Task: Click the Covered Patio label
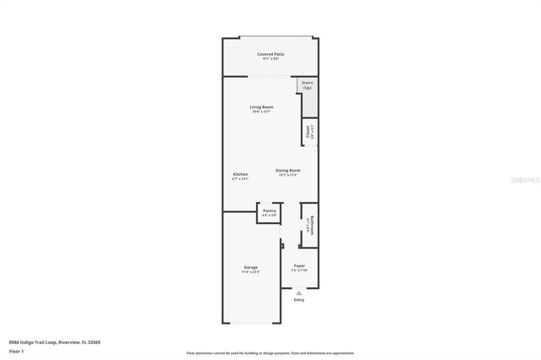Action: click(x=270, y=54)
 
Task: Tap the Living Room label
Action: click(x=261, y=106)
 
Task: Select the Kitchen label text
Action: click(x=240, y=174)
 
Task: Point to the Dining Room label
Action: click(x=288, y=170)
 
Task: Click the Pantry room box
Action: click(x=269, y=212)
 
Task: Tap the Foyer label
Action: click(x=299, y=265)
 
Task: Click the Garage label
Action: click(x=251, y=267)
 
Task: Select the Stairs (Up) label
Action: click(x=307, y=85)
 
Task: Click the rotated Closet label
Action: click(x=308, y=132)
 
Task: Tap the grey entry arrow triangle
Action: click(x=298, y=292)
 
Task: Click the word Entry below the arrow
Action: click(x=298, y=300)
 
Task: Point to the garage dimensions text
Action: click(x=251, y=272)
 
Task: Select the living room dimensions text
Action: click(x=261, y=112)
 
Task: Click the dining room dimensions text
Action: click(x=288, y=175)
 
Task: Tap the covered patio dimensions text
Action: click(x=270, y=59)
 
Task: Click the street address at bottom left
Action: click(x=54, y=342)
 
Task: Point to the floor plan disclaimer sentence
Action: click(x=270, y=353)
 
